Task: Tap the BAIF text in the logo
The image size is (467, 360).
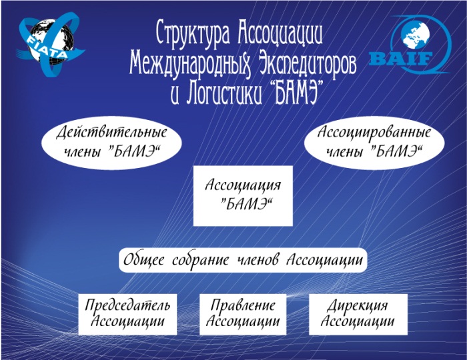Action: tap(400, 59)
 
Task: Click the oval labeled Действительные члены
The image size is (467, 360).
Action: tap(111, 143)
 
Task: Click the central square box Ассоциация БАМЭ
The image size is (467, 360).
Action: tap(243, 196)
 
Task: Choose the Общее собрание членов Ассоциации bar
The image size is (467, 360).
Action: tap(243, 260)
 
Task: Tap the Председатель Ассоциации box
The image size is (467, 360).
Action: tap(127, 314)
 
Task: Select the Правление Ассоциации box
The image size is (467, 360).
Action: tap(243, 314)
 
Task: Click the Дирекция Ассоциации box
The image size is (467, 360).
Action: tap(358, 314)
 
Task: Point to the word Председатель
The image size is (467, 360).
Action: tap(127, 305)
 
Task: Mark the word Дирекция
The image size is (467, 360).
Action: tap(358, 306)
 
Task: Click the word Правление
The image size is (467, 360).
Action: tap(243, 305)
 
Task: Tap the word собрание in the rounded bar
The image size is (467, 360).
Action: tap(201, 260)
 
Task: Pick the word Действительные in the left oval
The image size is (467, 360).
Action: tap(111, 132)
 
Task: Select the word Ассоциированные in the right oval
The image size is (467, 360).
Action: tap(374, 132)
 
